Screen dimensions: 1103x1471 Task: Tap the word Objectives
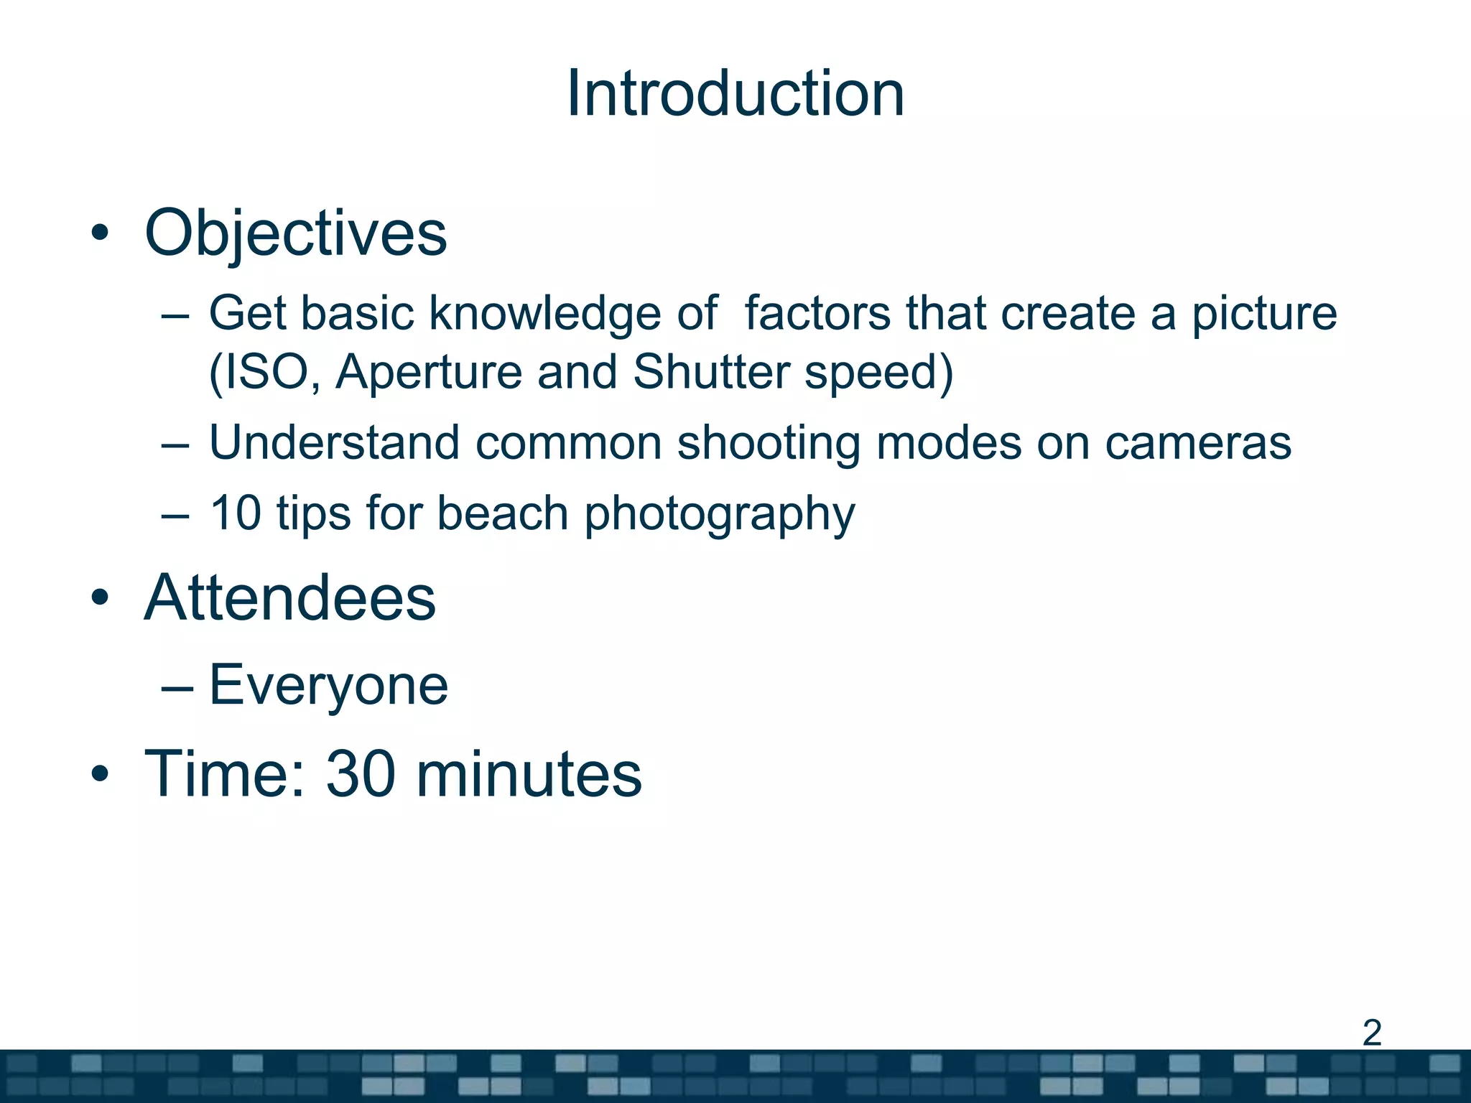click(295, 233)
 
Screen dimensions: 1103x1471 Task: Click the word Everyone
click(328, 686)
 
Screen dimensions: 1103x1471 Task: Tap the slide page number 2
click(1371, 1033)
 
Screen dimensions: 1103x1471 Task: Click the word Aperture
click(428, 373)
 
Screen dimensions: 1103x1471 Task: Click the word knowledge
click(544, 315)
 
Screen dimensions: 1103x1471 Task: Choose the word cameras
click(1197, 444)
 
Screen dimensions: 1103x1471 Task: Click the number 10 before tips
click(235, 513)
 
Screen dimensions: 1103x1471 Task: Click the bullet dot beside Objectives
click(100, 233)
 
